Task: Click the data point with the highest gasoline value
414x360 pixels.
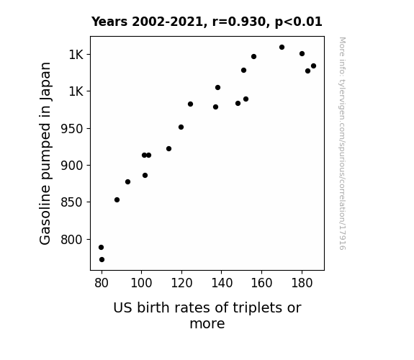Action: [282, 48]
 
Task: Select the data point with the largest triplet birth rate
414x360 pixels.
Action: [313, 66]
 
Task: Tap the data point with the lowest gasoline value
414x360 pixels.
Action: [102, 260]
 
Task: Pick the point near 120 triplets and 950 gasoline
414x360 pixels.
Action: [181, 127]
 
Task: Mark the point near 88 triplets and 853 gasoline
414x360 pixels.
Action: [117, 200]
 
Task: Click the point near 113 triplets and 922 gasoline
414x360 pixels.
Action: [168, 149]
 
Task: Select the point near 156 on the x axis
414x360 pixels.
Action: [253, 57]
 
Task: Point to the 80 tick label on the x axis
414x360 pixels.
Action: [102, 283]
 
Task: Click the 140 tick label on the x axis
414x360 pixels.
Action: [222, 283]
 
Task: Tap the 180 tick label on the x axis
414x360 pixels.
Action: [302, 283]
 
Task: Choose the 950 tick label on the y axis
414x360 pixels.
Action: [72, 129]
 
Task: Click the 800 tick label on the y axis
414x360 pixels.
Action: [72, 240]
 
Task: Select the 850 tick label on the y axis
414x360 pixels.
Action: [72, 202]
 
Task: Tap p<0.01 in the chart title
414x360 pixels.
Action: [299, 22]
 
